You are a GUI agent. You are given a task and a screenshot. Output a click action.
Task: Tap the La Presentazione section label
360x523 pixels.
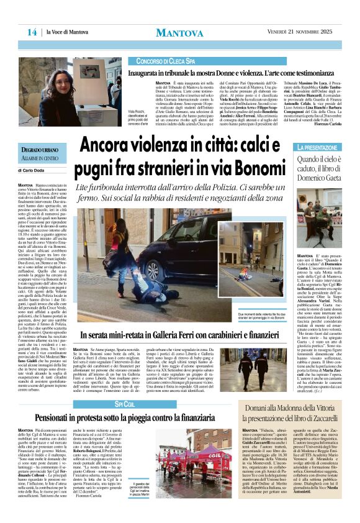(x=318, y=147)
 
